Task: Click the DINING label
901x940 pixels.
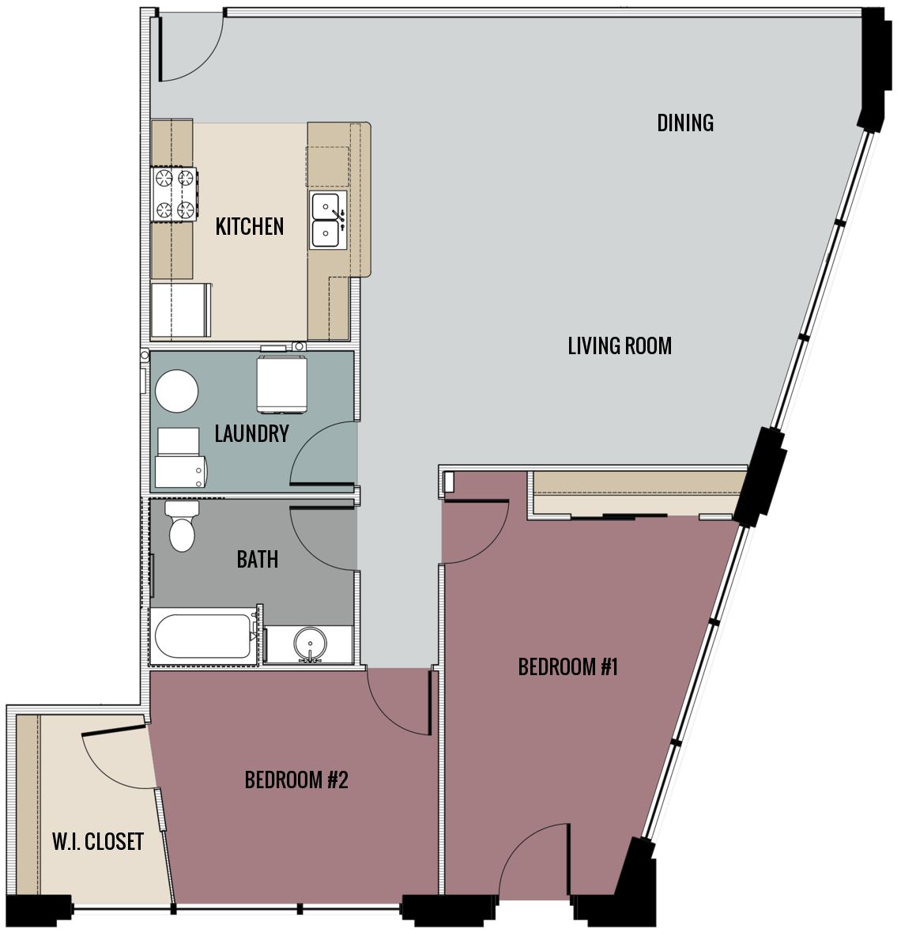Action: click(685, 123)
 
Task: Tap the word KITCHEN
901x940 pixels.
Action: click(250, 227)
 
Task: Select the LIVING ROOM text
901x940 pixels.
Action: click(620, 345)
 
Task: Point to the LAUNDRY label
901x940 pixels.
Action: click(251, 433)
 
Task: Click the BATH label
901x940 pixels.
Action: click(257, 560)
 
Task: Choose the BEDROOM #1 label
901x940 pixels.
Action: click(567, 667)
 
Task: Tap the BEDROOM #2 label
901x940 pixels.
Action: click(296, 780)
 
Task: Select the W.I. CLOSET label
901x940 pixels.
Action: click(98, 842)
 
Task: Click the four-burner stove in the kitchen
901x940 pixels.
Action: click(175, 194)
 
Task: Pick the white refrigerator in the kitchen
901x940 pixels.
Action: click(181, 311)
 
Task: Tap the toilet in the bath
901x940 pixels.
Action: click(181, 527)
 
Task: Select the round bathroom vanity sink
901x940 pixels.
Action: click(308, 644)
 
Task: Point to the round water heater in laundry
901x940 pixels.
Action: click(176, 391)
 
